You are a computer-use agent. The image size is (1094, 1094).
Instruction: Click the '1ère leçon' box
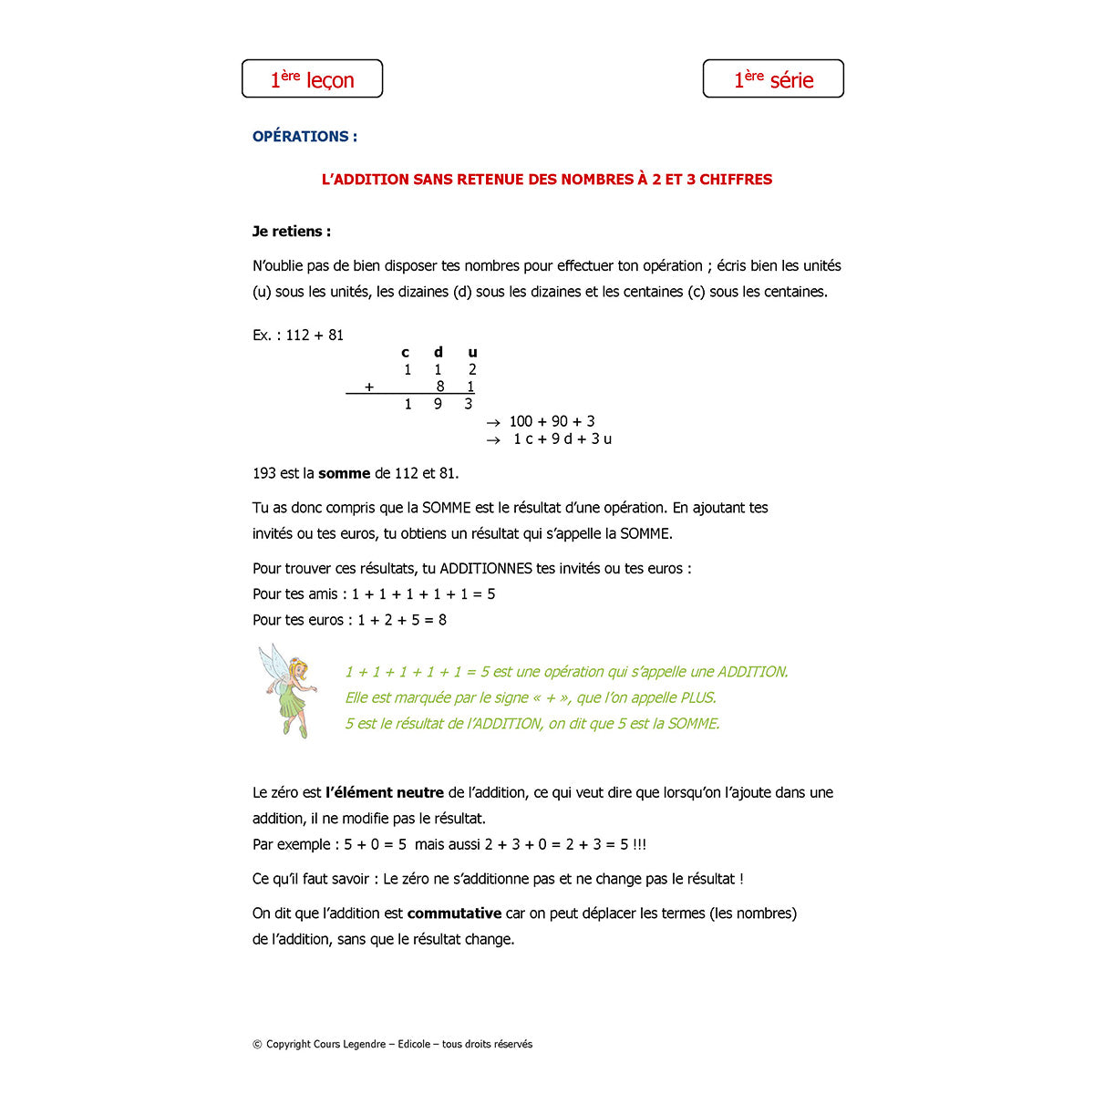[x=312, y=79]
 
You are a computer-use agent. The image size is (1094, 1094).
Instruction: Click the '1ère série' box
[x=773, y=79]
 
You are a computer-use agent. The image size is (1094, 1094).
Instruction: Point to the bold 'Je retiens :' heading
[x=292, y=232]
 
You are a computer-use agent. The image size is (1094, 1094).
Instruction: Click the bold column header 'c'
[x=406, y=353]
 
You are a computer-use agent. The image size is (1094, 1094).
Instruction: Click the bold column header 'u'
[x=472, y=353]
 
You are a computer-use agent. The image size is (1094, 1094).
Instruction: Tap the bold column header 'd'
[x=439, y=353]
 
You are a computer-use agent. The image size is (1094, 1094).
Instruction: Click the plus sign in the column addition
[x=369, y=387]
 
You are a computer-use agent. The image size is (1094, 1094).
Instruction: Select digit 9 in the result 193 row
[x=439, y=404]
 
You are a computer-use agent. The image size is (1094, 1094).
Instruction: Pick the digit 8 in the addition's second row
[x=440, y=387]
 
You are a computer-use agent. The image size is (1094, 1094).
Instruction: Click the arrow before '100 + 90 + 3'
[x=493, y=422]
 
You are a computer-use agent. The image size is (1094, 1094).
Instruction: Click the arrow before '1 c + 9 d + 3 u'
[x=493, y=439]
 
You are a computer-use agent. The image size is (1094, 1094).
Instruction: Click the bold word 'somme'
[x=344, y=474]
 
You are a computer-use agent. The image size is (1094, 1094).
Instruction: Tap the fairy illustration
[x=287, y=690]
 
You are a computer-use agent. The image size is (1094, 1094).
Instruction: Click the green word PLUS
[x=697, y=698]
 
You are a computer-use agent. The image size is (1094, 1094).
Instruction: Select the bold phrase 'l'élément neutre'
[x=385, y=793]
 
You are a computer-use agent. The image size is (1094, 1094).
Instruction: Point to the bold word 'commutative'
[x=454, y=913]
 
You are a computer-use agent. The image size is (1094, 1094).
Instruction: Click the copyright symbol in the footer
[x=257, y=1045]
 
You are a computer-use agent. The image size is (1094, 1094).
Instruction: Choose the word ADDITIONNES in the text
[x=486, y=569]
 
